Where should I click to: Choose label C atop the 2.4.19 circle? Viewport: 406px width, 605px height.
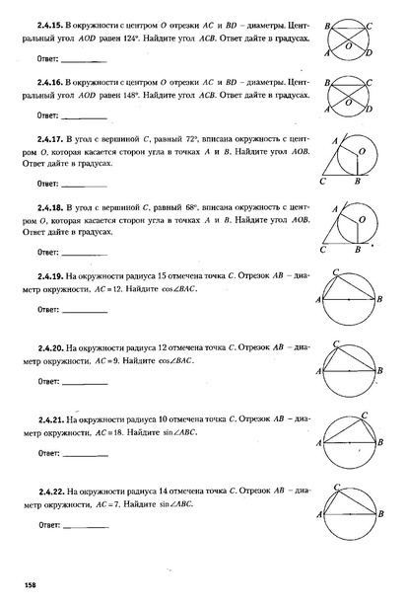coord(338,270)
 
